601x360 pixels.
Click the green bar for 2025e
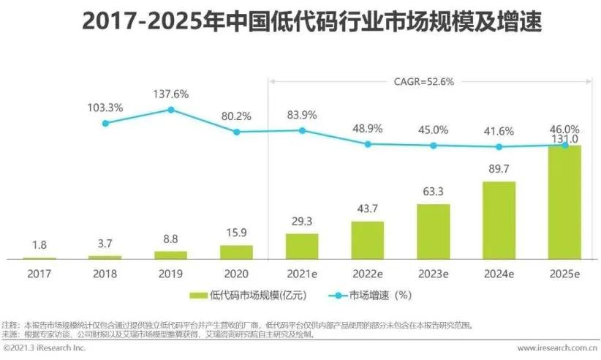[564, 203]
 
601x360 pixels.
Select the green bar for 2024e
[499, 220]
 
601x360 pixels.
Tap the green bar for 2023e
[434, 232]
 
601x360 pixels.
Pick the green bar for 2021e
[302, 247]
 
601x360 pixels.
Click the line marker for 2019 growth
[171, 110]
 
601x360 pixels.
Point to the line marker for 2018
[105, 123]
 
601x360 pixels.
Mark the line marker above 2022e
[368, 144]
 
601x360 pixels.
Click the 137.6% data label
[171, 94]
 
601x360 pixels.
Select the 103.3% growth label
[105, 107]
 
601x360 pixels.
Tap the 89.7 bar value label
[499, 169]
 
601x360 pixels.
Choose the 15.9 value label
[236, 233]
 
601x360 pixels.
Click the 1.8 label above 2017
[40, 246]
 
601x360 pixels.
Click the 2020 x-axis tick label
[236, 274]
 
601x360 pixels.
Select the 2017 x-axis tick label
[40, 274]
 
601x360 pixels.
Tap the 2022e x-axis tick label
[368, 274]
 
